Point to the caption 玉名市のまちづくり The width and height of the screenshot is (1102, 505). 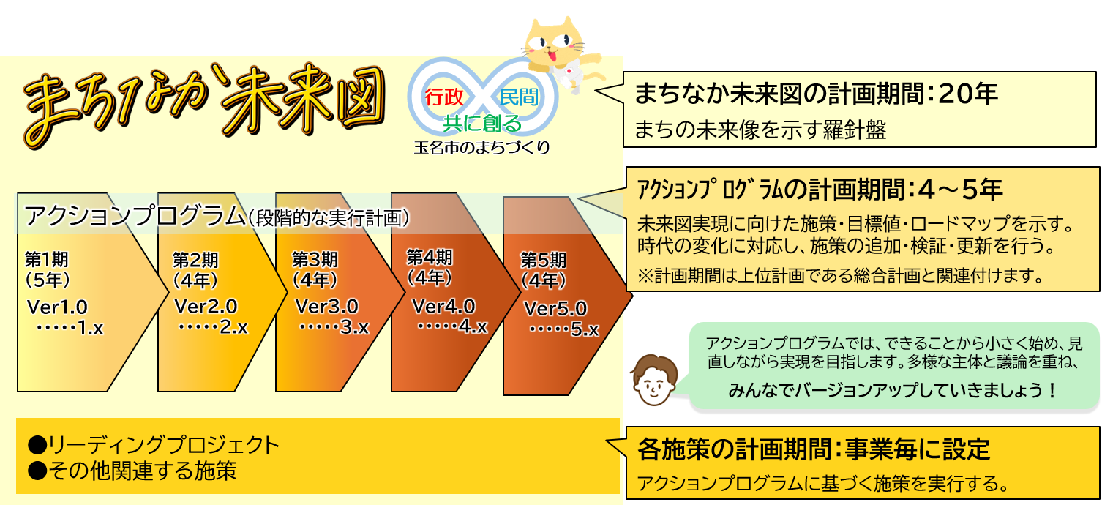tap(481, 147)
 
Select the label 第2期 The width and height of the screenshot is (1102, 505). tap(195, 260)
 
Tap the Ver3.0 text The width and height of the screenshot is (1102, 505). tap(327, 306)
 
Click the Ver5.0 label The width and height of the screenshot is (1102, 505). tap(555, 308)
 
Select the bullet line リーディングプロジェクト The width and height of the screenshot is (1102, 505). tap(154, 444)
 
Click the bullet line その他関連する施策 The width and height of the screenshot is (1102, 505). tap(132, 471)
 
